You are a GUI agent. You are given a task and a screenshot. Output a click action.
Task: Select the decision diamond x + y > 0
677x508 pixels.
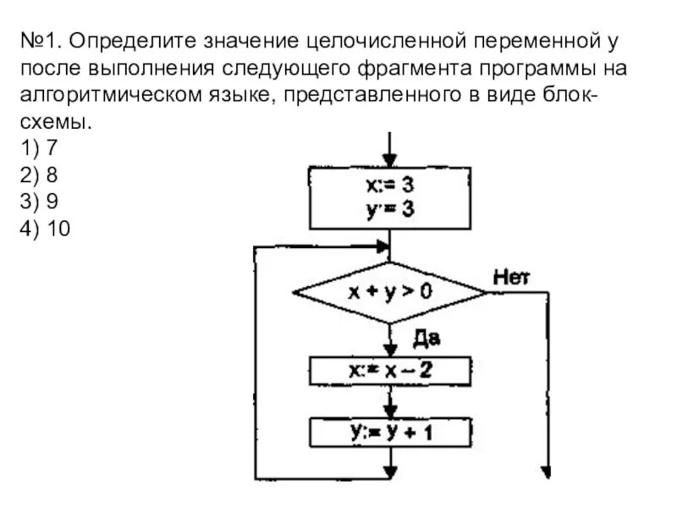tap(389, 292)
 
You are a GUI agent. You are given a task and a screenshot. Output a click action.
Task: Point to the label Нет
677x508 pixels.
tap(510, 276)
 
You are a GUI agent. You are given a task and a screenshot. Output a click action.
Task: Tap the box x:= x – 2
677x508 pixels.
tap(389, 371)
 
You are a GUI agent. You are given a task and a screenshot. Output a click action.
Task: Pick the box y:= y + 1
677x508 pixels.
tap(389, 433)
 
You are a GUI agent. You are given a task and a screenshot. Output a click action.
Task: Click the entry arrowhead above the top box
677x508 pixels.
tap(389, 161)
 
